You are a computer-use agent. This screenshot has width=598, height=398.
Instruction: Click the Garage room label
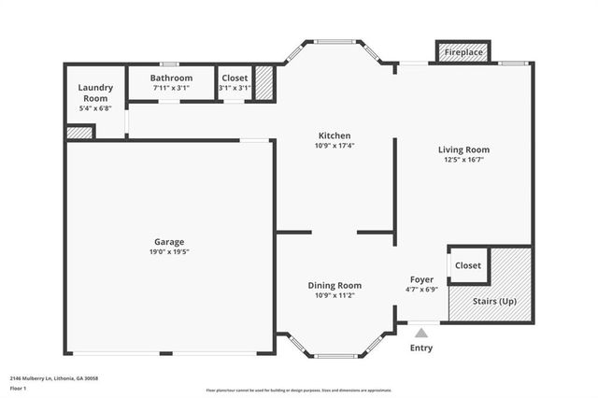(169, 241)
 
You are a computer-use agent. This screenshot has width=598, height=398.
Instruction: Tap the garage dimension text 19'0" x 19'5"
(169, 251)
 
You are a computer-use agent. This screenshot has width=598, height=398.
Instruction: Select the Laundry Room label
(96, 92)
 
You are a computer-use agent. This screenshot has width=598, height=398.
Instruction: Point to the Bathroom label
(172, 78)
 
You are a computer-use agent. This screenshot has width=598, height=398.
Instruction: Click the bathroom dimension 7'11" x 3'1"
(172, 88)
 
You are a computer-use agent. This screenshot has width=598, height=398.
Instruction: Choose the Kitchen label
(334, 135)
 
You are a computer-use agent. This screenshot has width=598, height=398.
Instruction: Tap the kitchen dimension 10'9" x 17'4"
(334, 146)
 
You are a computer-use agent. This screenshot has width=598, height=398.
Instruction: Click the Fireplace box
(463, 52)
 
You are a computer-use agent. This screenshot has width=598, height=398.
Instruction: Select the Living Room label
(463, 149)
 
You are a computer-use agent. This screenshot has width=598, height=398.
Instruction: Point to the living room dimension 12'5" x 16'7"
(463, 160)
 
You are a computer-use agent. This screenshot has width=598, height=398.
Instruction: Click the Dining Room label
(335, 285)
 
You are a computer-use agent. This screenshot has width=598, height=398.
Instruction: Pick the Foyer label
(421, 279)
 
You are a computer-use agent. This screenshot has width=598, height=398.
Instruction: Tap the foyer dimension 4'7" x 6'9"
(421, 290)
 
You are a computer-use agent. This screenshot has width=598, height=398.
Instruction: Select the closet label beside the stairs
(467, 265)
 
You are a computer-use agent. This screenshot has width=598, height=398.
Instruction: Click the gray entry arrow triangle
(421, 332)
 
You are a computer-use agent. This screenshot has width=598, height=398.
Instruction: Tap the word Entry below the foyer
(421, 348)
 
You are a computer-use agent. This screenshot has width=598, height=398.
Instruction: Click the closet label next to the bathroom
(235, 78)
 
